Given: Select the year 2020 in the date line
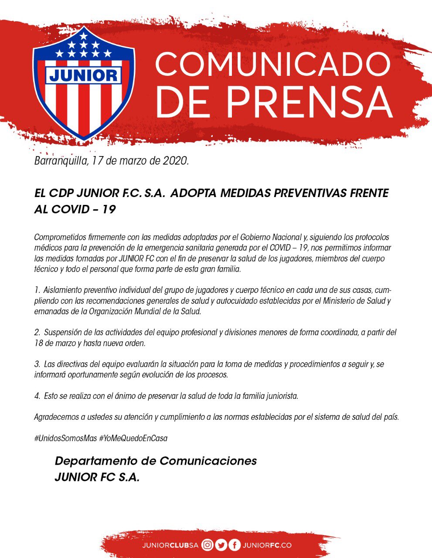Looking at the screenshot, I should coord(174,161).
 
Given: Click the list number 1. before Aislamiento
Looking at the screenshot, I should coord(37,290).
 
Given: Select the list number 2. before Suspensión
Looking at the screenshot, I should coord(37,333).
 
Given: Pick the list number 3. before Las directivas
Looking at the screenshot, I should coord(37,364).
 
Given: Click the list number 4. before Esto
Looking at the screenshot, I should coord(37,396).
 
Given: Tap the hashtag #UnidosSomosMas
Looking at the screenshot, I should coord(65,438).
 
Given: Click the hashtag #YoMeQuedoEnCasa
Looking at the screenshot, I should coord(133,438).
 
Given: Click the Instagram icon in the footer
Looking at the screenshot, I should coord(208,545).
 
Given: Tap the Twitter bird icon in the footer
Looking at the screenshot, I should coord(221,545).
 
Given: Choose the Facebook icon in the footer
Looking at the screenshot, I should coord(235,545).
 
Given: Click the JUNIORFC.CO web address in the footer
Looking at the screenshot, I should coord(267,545).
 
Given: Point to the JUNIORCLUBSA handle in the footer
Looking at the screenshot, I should coord(170,545).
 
